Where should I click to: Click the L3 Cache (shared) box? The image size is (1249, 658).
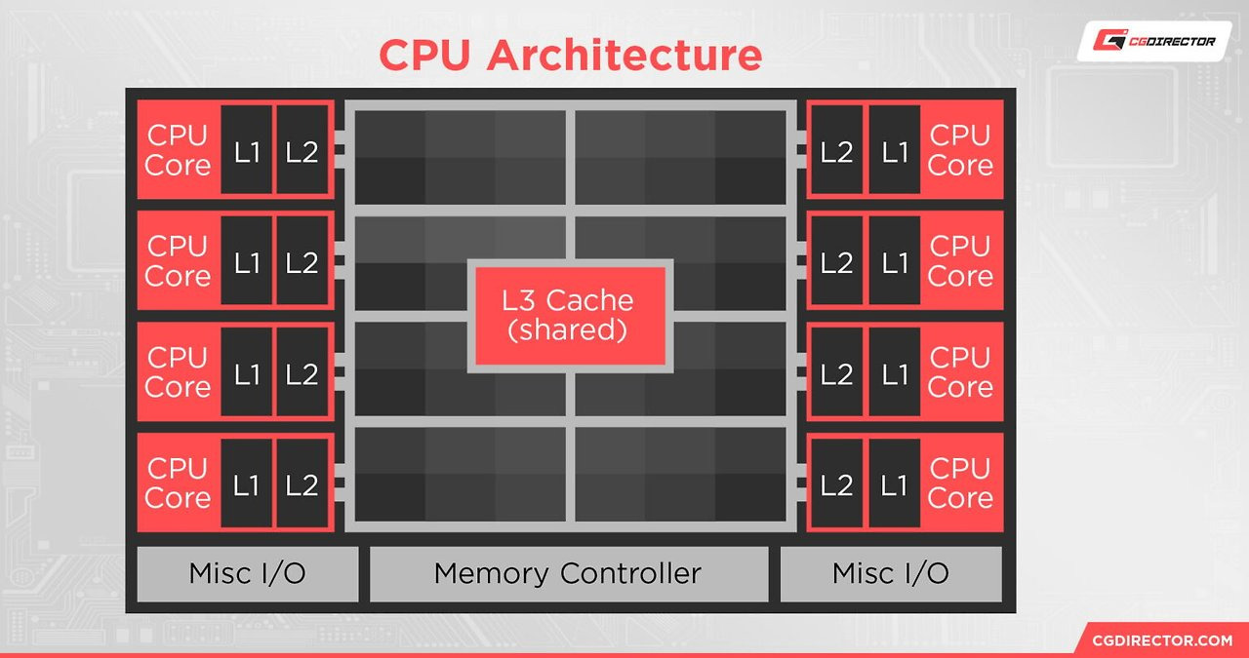click(x=569, y=314)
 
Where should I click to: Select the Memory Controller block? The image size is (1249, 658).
click(x=568, y=573)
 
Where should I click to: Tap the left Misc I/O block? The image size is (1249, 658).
click(x=247, y=573)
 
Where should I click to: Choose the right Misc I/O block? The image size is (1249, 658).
click(x=890, y=573)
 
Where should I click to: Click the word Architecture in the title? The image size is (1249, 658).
click(x=624, y=55)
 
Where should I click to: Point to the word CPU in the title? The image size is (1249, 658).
click(x=426, y=55)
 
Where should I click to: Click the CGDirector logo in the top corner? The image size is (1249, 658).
click(x=1153, y=41)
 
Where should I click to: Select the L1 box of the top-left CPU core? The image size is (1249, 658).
click(x=247, y=151)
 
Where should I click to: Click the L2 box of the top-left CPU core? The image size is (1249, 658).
click(x=302, y=151)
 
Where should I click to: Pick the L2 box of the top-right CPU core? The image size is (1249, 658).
click(x=836, y=151)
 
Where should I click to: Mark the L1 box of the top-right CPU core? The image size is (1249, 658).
click(x=894, y=151)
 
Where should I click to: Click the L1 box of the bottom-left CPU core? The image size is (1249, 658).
click(x=247, y=484)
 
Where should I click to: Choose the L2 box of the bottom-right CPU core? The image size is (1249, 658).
click(x=836, y=484)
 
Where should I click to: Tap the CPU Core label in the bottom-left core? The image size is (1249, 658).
click(x=178, y=484)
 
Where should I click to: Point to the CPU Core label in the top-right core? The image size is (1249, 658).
click(x=960, y=151)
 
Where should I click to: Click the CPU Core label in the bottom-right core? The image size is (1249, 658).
click(x=960, y=484)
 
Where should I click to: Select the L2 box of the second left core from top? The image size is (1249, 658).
click(x=302, y=262)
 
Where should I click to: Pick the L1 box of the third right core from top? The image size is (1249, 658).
click(x=894, y=372)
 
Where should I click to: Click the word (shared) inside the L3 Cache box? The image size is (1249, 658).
click(x=568, y=329)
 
